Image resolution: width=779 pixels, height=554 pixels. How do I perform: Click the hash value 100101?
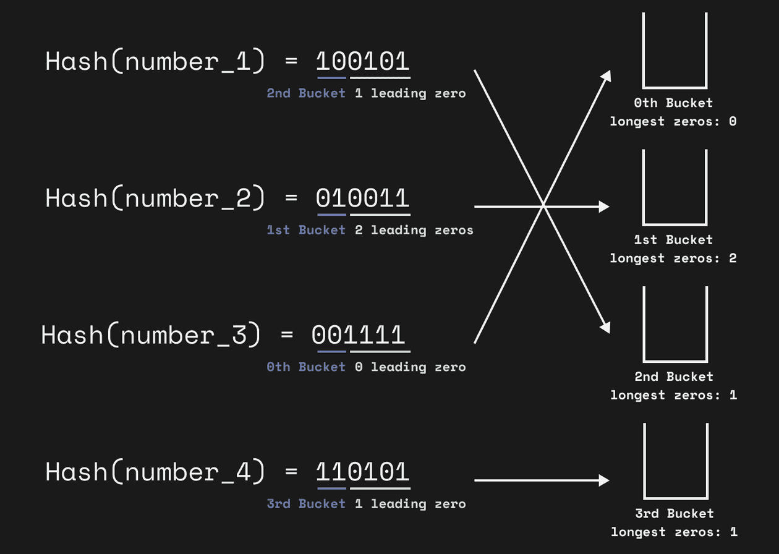tap(363, 62)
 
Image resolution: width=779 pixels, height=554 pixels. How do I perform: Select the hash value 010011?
tap(363, 198)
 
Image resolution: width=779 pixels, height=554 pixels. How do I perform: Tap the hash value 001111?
tap(359, 335)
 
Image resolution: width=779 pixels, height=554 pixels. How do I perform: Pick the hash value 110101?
tap(363, 472)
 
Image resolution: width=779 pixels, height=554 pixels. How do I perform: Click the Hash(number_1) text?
tap(155, 62)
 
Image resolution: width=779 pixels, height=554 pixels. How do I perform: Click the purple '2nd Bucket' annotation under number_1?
tap(306, 93)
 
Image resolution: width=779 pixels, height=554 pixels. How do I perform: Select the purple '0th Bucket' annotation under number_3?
tap(306, 367)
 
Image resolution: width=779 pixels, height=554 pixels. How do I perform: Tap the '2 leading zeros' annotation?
tap(414, 230)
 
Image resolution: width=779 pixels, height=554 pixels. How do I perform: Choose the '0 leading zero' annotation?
tap(410, 367)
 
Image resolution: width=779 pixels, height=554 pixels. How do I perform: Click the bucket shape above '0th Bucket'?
tap(675, 53)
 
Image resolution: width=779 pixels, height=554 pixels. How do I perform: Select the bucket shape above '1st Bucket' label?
tap(675, 189)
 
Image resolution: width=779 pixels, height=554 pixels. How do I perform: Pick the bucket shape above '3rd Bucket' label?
tap(675, 462)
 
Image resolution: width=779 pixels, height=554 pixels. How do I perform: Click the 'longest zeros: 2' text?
tap(673, 258)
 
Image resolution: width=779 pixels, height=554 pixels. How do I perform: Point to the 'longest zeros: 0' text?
tap(673, 121)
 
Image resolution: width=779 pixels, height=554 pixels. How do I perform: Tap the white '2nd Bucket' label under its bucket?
tap(674, 377)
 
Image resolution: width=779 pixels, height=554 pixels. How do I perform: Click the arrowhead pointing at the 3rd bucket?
tap(604, 480)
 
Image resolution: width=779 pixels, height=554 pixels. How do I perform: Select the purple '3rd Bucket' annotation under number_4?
tap(306, 504)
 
